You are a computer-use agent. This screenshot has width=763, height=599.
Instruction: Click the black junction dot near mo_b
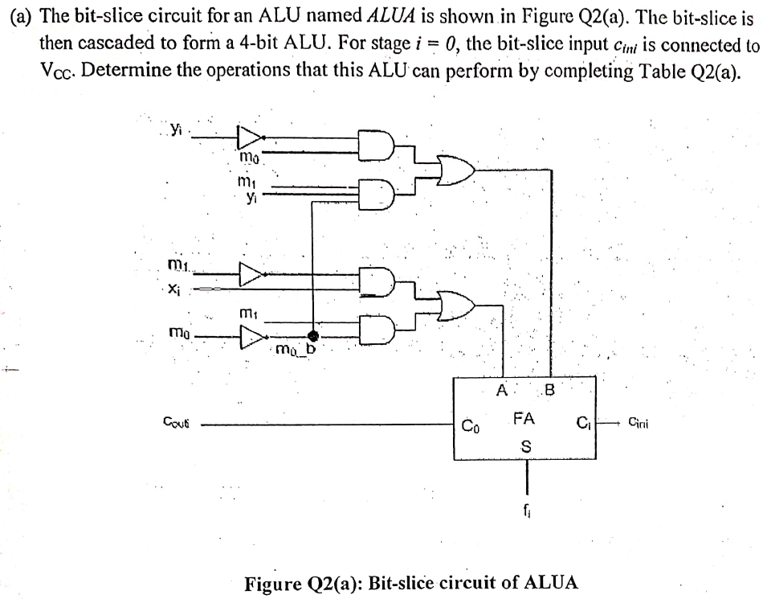pos(312,335)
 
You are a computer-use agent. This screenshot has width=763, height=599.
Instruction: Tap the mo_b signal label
pos(297,350)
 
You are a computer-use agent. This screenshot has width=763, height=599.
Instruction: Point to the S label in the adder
pos(527,445)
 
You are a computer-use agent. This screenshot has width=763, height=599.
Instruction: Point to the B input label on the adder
pos(550,392)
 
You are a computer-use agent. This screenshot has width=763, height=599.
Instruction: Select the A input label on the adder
pos(501,392)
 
